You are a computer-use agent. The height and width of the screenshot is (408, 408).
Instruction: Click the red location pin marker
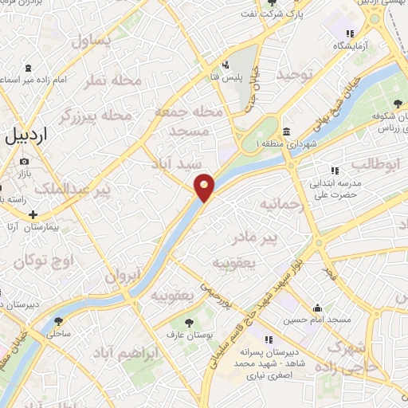pyautogui.click(x=205, y=186)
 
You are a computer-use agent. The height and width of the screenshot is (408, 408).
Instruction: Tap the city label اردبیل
pyautogui.click(x=25, y=137)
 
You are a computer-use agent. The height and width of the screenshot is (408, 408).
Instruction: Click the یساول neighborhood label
pyautogui.click(x=92, y=41)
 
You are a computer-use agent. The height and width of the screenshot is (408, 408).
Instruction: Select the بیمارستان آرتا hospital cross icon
pyautogui.click(x=33, y=214)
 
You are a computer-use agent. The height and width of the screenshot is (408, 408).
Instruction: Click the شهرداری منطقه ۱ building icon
pyautogui.click(x=286, y=131)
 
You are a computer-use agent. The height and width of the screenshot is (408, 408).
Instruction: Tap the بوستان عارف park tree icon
pyautogui.click(x=188, y=323)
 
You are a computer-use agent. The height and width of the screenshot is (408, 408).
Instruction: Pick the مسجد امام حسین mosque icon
pyautogui.click(x=317, y=308)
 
